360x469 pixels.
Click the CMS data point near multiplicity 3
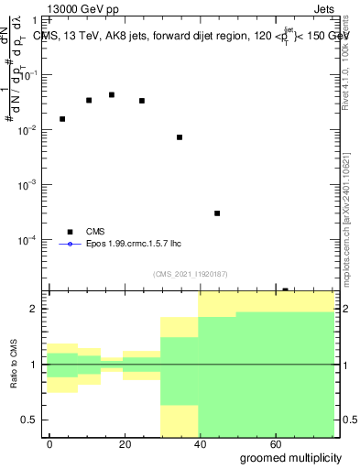[62, 119]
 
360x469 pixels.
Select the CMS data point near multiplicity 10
[89, 100]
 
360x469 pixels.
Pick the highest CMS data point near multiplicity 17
[112, 94]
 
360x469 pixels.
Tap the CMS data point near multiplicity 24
[142, 101]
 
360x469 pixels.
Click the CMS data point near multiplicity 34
[180, 137]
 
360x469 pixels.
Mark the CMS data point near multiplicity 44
[217, 213]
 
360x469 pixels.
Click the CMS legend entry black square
[70, 232]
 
